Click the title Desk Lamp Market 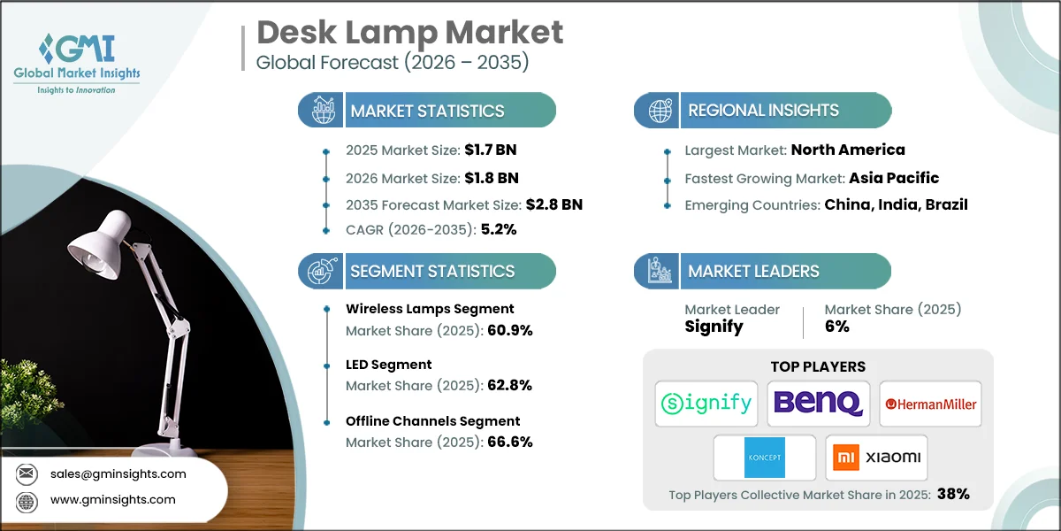click(x=409, y=33)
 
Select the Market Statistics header click(x=427, y=111)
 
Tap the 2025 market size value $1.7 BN click(x=492, y=150)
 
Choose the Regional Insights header click(x=763, y=111)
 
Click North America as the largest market click(x=848, y=150)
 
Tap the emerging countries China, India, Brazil click(x=896, y=204)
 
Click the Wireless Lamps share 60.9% click(x=510, y=331)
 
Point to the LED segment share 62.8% click(x=509, y=385)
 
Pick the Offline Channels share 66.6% click(x=510, y=442)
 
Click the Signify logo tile click(x=706, y=404)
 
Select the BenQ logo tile click(x=818, y=404)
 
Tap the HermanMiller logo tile click(x=930, y=404)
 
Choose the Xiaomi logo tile click(x=876, y=458)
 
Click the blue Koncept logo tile click(x=765, y=458)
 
